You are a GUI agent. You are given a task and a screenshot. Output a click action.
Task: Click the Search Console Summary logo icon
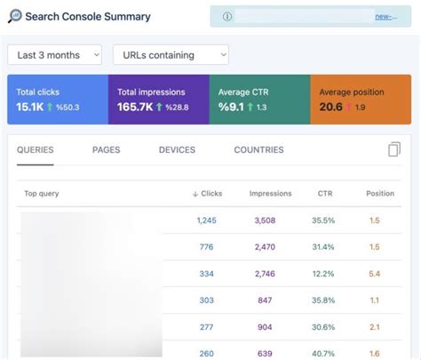[x=15, y=16]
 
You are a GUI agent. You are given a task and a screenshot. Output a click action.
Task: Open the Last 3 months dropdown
[x=54, y=55]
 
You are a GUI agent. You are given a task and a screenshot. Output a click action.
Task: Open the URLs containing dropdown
[x=171, y=55]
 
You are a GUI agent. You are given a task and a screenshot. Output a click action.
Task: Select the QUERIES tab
[x=36, y=150]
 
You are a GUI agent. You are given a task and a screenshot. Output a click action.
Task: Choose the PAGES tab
[x=106, y=150]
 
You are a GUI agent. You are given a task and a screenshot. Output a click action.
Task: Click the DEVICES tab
[x=177, y=150]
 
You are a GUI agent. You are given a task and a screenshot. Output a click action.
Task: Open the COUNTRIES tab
[x=258, y=150]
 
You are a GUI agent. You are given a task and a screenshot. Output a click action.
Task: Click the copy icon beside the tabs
[x=394, y=149]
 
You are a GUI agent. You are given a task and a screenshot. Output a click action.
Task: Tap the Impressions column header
[x=271, y=193]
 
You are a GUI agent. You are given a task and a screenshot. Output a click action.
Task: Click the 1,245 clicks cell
[x=207, y=220]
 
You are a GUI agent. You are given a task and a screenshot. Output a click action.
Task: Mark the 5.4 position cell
[x=374, y=274]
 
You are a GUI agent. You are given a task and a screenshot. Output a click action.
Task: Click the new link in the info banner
[x=385, y=16]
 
